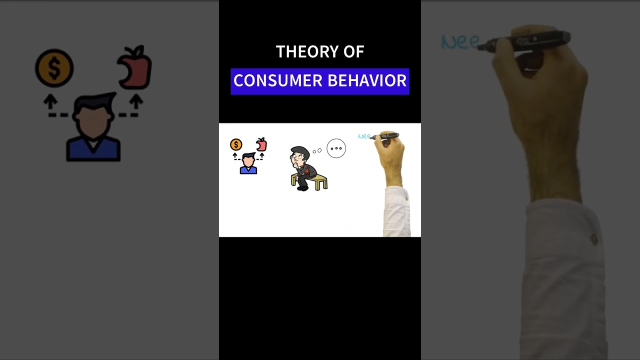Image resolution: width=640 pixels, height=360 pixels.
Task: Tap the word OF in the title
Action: click(x=353, y=51)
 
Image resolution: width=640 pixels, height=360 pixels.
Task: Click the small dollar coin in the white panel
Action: click(x=236, y=145)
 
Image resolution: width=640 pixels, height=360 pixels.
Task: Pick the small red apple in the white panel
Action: click(x=261, y=144)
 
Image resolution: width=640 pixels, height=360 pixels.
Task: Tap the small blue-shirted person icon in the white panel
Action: click(x=248, y=163)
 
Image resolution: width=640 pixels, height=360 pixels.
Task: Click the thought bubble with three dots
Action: click(x=336, y=148)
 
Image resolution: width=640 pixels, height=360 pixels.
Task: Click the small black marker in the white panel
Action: click(x=387, y=135)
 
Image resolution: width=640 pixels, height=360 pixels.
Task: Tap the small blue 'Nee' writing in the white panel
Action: click(x=363, y=136)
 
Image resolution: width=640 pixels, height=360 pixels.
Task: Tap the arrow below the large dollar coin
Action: click(x=50, y=102)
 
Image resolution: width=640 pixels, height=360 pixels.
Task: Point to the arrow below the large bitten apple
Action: click(x=135, y=102)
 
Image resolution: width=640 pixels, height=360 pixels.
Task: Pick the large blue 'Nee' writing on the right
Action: click(x=460, y=42)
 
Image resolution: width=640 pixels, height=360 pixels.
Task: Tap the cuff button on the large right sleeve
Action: click(x=593, y=239)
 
